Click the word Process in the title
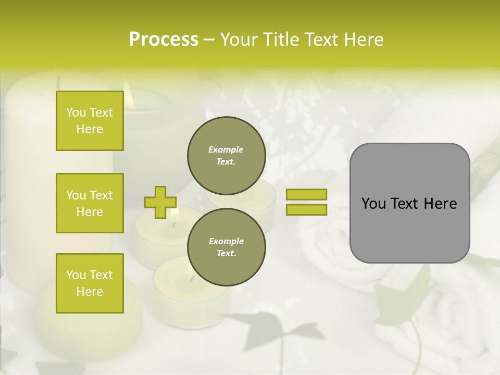(x=164, y=40)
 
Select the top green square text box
(x=90, y=121)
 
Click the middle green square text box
(x=90, y=203)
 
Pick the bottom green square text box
(x=90, y=283)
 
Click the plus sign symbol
(x=160, y=202)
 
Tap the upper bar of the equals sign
(x=306, y=194)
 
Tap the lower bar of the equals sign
(x=306, y=209)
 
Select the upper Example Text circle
(x=226, y=155)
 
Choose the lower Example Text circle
(x=226, y=247)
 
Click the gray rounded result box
(x=409, y=203)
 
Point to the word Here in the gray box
(x=440, y=204)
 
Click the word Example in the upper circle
(x=226, y=149)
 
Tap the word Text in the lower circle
(x=226, y=253)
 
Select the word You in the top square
(x=76, y=113)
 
